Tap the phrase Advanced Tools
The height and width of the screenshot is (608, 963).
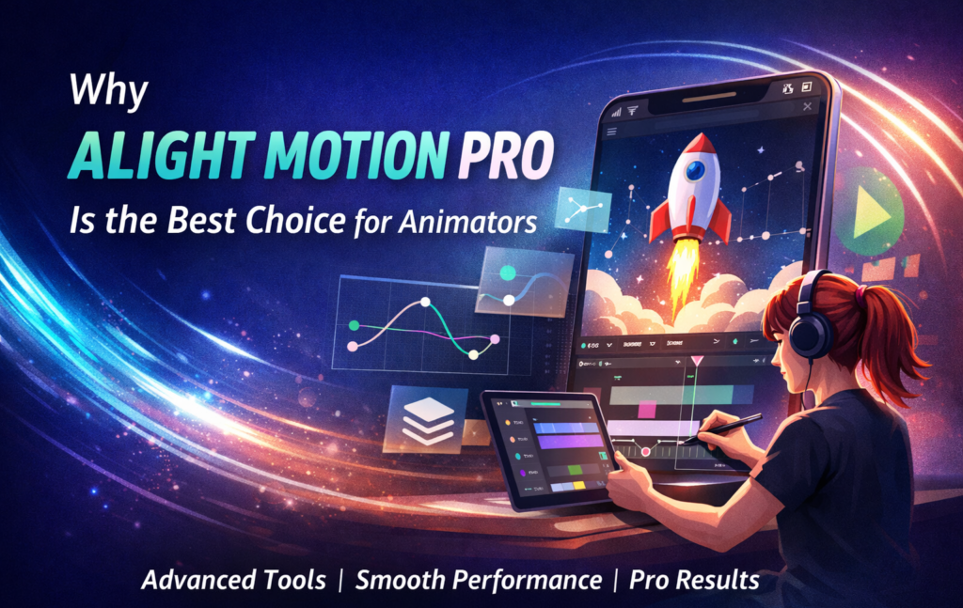(233, 580)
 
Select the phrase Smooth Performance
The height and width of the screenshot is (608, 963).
(479, 580)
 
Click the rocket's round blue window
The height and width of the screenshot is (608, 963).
(694, 171)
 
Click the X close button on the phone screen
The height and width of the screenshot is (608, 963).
(807, 107)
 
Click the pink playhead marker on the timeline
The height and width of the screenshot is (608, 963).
(697, 360)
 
